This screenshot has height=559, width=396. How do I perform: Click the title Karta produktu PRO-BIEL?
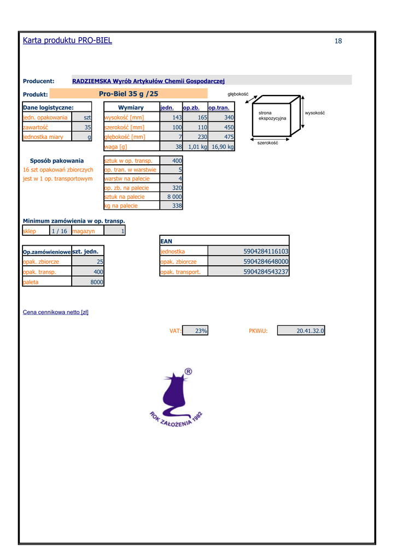[67, 40]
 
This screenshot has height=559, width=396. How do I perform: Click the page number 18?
[338, 41]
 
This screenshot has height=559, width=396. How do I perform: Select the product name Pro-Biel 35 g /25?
[129, 94]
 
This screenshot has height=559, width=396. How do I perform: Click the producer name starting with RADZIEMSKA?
[148, 81]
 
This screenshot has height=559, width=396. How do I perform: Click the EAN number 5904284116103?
[266, 252]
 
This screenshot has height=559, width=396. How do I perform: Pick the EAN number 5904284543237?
[266, 271]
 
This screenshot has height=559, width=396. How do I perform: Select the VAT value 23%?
[201, 330]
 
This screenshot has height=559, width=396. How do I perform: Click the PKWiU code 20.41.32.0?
[310, 330]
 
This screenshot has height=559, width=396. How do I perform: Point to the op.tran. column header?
[219, 108]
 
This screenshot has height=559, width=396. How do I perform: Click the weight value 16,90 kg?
[223, 146]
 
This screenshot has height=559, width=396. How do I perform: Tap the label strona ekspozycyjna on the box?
[272, 116]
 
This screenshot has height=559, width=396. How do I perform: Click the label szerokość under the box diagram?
[267, 142]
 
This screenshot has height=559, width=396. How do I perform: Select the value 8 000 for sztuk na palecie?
[174, 197]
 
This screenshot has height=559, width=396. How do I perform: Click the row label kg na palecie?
[121, 206]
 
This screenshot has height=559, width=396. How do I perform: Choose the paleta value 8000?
[97, 282]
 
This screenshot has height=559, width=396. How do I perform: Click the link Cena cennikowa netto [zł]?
[56, 312]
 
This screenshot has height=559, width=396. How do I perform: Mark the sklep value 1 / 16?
[59, 231]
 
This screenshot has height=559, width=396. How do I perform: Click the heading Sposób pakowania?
[57, 160]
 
